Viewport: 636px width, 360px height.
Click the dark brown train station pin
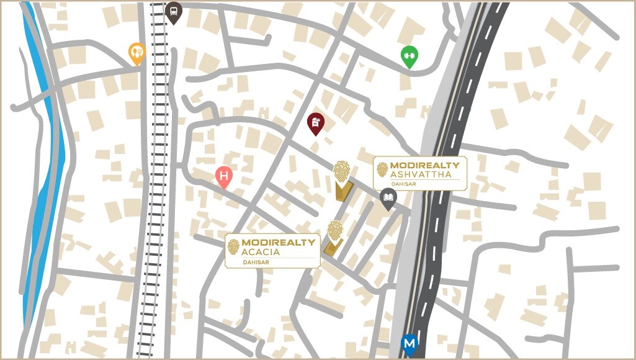pos(174,12)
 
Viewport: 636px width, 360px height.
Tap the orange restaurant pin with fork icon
pos(137,53)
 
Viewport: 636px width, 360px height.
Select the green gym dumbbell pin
pos(408,56)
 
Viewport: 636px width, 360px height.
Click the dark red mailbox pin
pos(316,123)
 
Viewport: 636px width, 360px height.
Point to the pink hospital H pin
pos(224,177)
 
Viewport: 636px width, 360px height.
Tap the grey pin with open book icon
pos(388,198)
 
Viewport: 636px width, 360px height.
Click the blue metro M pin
pos(409,343)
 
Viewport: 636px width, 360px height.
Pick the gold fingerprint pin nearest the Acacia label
pos(335,231)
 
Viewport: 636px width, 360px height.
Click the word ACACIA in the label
pos(261,252)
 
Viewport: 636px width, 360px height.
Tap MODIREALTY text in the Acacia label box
pos(278,243)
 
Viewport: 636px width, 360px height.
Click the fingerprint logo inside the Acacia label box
pos(233,247)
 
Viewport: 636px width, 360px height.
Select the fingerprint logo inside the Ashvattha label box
pos(382,169)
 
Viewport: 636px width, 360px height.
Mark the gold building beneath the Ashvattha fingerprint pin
pos(343,191)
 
